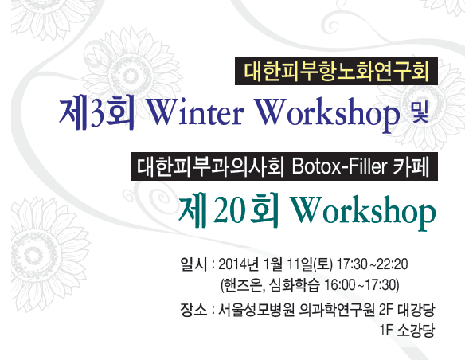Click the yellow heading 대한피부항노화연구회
click(x=336, y=71)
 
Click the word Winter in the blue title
click(x=195, y=112)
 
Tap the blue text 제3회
click(x=97, y=114)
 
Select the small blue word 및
click(x=420, y=112)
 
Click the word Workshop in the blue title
click(x=327, y=114)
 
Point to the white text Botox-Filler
click(x=339, y=166)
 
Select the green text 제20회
click(x=229, y=210)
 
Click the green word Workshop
click(x=363, y=211)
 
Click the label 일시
click(x=193, y=264)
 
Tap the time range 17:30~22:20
click(x=372, y=264)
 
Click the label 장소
click(x=193, y=310)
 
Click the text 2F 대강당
click(x=407, y=310)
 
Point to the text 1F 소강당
click(x=407, y=330)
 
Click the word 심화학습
click(x=295, y=285)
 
